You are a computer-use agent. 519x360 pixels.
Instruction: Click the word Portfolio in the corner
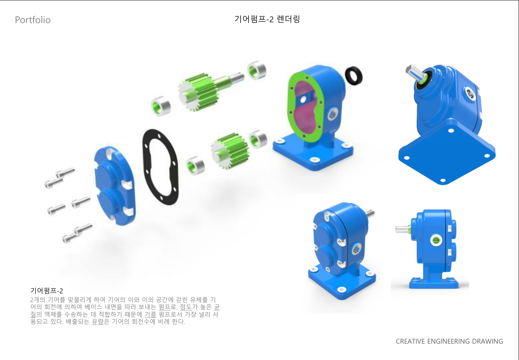click(33, 20)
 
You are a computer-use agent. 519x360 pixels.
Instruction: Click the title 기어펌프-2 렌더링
click(267, 19)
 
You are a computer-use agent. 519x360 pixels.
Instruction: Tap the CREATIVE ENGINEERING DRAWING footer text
click(449, 341)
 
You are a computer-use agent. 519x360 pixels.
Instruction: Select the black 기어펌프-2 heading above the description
click(47, 291)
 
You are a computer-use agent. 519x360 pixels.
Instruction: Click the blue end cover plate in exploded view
click(115, 185)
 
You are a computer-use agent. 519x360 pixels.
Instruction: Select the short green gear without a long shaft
click(230, 151)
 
